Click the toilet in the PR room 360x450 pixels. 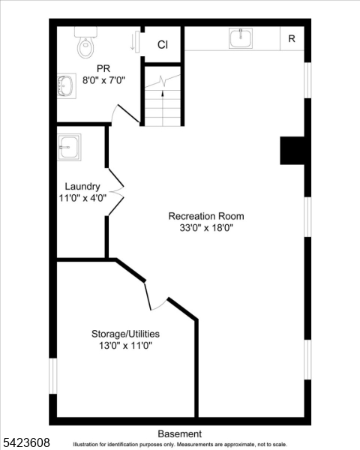pyautogui.click(x=85, y=43)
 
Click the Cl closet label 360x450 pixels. pyautogui.click(x=163, y=45)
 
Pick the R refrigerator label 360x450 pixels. pyautogui.click(x=292, y=39)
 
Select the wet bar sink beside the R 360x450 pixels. pyautogui.click(x=241, y=38)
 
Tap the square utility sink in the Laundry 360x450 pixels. pyautogui.click(x=69, y=146)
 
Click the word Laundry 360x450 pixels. pyautogui.click(x=82, y=187)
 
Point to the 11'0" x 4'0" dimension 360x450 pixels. pyautogui.click(x=82, y=199)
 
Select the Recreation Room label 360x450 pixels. pyautogui.click(x=205, y=216)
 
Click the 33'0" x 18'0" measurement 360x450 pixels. pyautogui.click(x=205, y=228)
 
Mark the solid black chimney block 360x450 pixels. pyautogui.click(x=293, y=150)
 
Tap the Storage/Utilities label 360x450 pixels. pyautogui.click(x=125, y=333)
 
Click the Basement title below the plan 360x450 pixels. pyautogui.click(x=180, y=433)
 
